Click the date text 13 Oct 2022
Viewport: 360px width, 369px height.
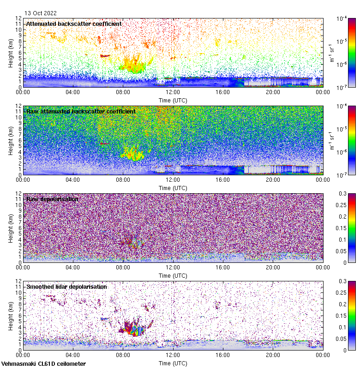click(41, 13)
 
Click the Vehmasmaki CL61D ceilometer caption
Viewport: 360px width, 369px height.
click(43, 364)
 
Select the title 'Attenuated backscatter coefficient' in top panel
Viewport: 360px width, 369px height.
click(74, 24)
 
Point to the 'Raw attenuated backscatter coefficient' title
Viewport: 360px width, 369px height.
click(81, 111)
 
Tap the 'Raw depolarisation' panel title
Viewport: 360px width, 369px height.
click(52, 199)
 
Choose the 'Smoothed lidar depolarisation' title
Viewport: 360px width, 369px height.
click(66, 286)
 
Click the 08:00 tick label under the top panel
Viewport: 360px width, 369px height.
click(123, 92)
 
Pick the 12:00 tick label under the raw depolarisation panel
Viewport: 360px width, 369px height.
click(173, 267)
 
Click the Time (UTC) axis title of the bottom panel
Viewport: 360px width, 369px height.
click(173, 363)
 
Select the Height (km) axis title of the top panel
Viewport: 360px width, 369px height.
click(11, 53)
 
